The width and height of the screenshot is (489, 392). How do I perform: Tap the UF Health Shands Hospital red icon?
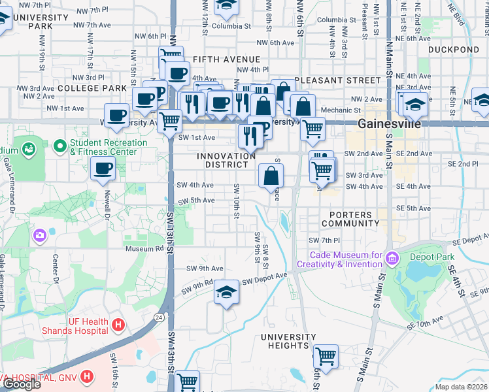[118, 324]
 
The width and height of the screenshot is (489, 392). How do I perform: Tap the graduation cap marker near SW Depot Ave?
[226, 291]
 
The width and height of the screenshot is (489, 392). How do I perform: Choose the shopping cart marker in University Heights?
[325, 357]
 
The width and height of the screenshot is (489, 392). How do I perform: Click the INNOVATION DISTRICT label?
[227, 161]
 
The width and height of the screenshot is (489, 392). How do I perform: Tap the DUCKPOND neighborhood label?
[453, 50]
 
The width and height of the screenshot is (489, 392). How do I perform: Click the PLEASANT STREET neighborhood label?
[337, 80]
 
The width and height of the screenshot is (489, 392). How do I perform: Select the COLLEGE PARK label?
[92, 88]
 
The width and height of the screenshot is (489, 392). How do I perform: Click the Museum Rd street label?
[144, 248]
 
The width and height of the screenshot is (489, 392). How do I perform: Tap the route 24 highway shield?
[159, 318]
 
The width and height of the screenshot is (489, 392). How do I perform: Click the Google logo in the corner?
[22, 384]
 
